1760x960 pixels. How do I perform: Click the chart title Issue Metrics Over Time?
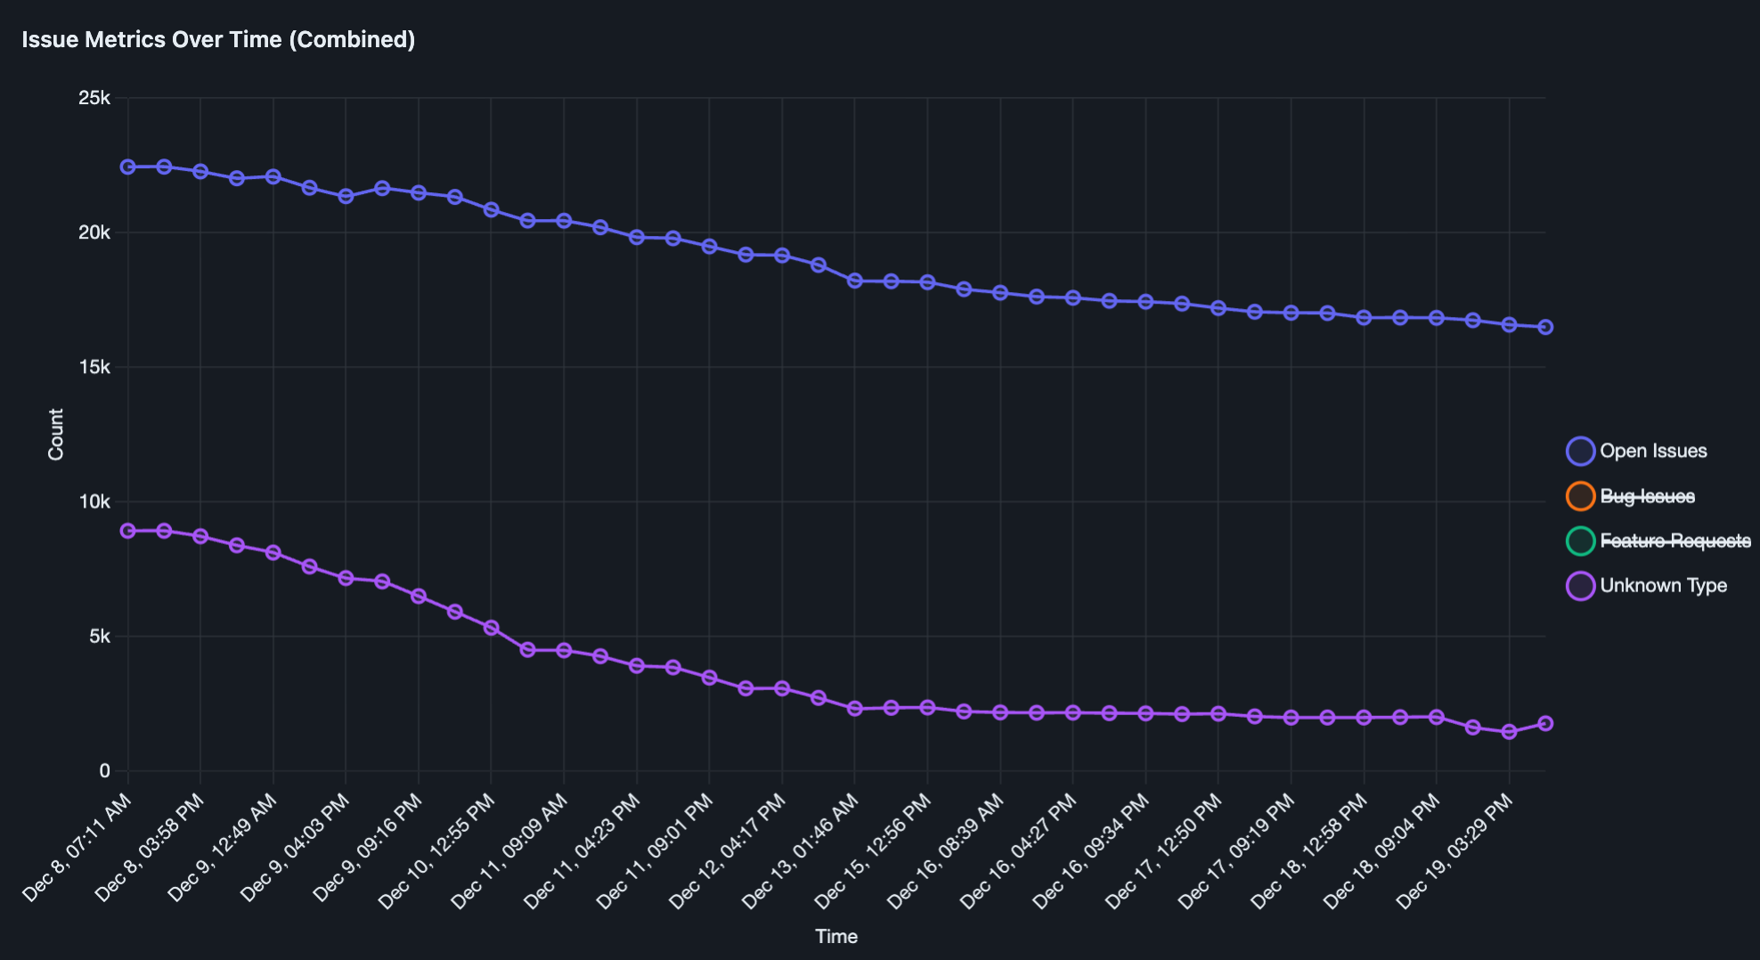pyautogui.click(x=218, y=40)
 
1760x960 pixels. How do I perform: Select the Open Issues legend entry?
pyautogui.click(x=1652, y=452)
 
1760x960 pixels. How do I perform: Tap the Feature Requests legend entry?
pyautogui.click(x=1674, y=541)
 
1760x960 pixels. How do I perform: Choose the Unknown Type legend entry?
pyautogui.click(x=1662, y=586)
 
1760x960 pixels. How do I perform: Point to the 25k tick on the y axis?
pyautogui.click(x=94, y=98)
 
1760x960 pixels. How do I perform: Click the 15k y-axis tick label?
pyautogui.click(x=94, y=367)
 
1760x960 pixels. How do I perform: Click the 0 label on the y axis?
pyautogui.click(x=105, y=771)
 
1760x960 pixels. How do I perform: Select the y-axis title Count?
pyautogui.click(x=56, y=435)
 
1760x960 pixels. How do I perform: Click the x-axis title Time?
pyautogui.click(x=836, y=937)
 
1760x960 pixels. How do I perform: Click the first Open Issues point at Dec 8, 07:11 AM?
pyautogui.click(x=128, y=167)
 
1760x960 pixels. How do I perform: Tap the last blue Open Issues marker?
pyautogui.click(x=1545, y=328)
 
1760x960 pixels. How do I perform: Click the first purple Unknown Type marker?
pyautogui.click(x=128, y=531)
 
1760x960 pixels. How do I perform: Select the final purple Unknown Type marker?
pyautogui.click(x=1545, y=724)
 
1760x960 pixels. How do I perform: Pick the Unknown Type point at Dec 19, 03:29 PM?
pyautogui.click(x=1509, y=732)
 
